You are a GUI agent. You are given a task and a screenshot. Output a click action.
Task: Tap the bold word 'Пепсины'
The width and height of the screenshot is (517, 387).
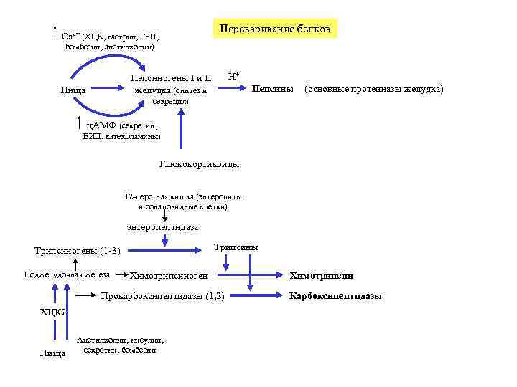273,90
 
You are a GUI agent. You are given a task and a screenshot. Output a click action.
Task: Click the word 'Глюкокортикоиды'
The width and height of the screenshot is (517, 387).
200,164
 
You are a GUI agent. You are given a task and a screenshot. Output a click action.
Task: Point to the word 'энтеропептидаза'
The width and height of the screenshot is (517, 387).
163,227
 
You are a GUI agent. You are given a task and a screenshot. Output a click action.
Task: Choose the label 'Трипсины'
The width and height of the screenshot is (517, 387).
236,247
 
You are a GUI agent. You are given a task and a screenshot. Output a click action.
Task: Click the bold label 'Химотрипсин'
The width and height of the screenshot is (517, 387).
322,275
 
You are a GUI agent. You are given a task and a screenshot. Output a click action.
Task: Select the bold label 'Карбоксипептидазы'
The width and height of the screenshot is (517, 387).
335,295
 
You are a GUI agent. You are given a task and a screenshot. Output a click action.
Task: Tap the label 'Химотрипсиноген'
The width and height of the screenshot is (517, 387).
169,276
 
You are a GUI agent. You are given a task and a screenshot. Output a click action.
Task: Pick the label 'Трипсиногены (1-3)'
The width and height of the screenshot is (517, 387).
78,250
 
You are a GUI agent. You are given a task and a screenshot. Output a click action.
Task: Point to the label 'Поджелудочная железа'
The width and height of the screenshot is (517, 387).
67,274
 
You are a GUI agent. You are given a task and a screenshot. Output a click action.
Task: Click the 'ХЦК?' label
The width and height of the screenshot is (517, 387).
53,312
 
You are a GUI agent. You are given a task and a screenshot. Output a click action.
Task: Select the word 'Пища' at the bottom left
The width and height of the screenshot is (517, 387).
52,353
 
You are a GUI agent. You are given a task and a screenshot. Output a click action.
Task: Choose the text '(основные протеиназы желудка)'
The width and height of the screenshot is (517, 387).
374,90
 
